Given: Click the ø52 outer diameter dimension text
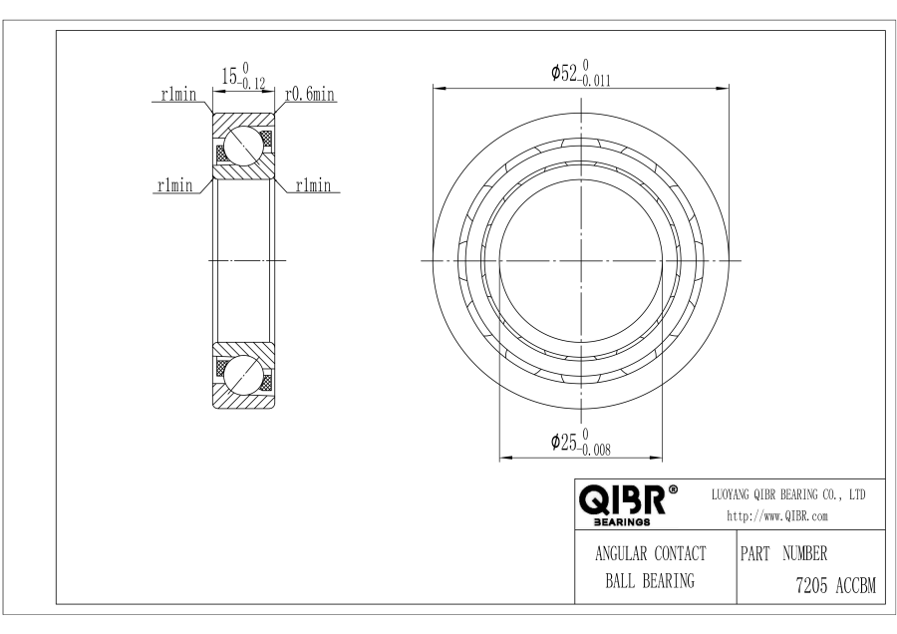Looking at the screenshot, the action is [581, 73].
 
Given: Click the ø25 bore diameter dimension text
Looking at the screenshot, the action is [581, 443].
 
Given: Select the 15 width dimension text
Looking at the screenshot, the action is [244, 76].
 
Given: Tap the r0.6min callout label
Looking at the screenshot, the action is [310, 94].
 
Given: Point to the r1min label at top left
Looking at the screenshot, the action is [178, 94].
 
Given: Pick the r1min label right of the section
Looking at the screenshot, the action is [313, 184].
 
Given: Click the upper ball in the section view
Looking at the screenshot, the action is [244, 146].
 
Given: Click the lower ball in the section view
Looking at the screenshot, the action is [244, 376].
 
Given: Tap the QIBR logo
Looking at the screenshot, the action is [622, 499].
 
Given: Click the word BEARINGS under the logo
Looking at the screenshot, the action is [622, 521].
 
